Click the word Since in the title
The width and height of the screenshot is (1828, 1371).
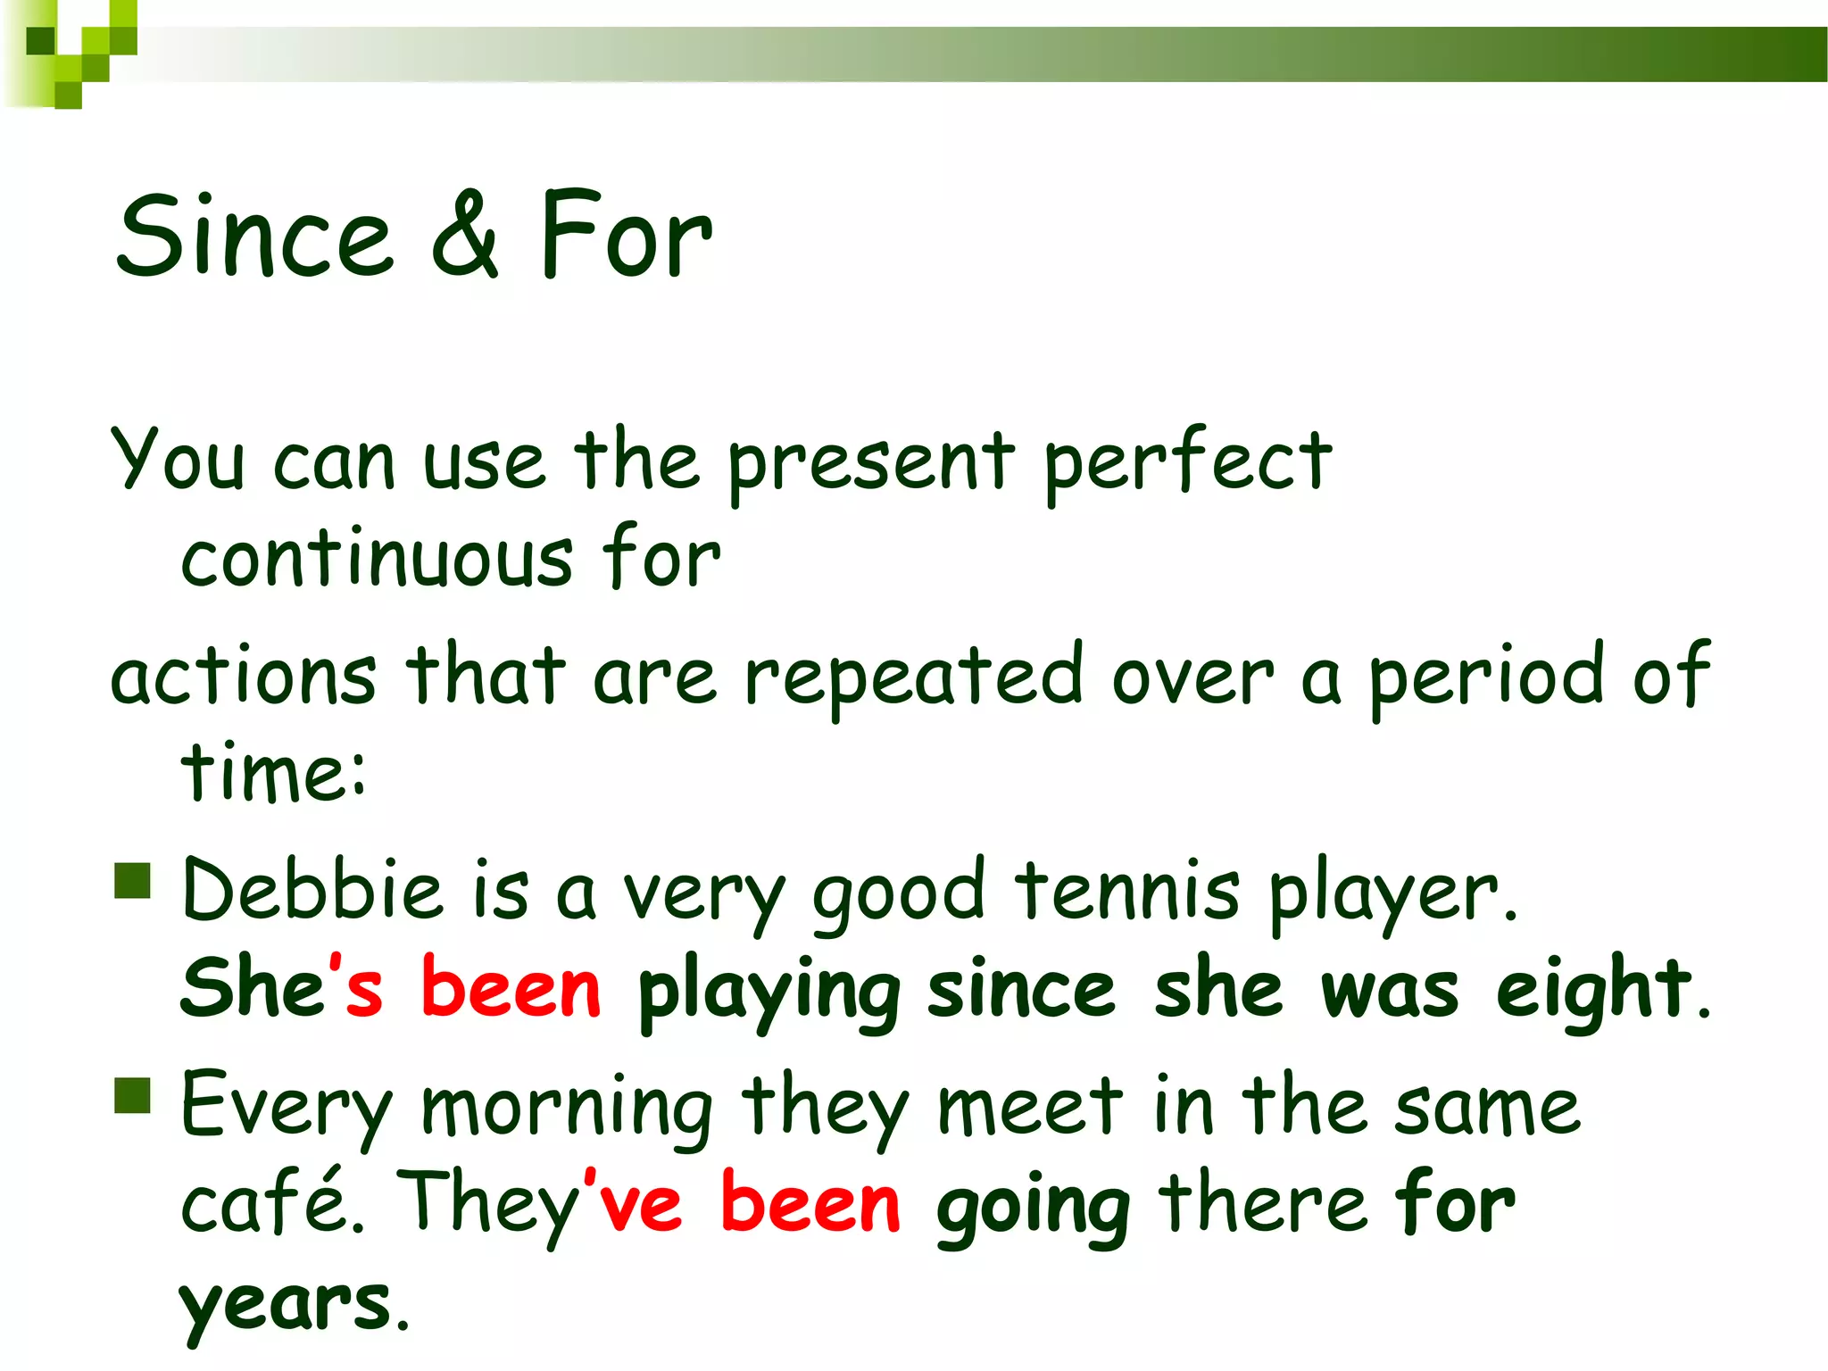coord(254,237)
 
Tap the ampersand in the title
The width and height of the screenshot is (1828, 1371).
coord(464,237)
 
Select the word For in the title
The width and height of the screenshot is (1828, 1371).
coord(625,237)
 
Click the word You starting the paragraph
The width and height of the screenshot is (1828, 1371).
coord(177,460)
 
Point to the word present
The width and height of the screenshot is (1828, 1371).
coord(870,464)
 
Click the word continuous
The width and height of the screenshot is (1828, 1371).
coord(377,560)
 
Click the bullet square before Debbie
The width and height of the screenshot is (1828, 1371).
coord(133,880)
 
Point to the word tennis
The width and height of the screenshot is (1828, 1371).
coord(1127,891)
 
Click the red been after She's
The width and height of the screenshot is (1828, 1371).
coord(511,989)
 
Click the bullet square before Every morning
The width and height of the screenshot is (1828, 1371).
coord(133,1095)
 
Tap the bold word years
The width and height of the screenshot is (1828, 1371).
coord(286,1305)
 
